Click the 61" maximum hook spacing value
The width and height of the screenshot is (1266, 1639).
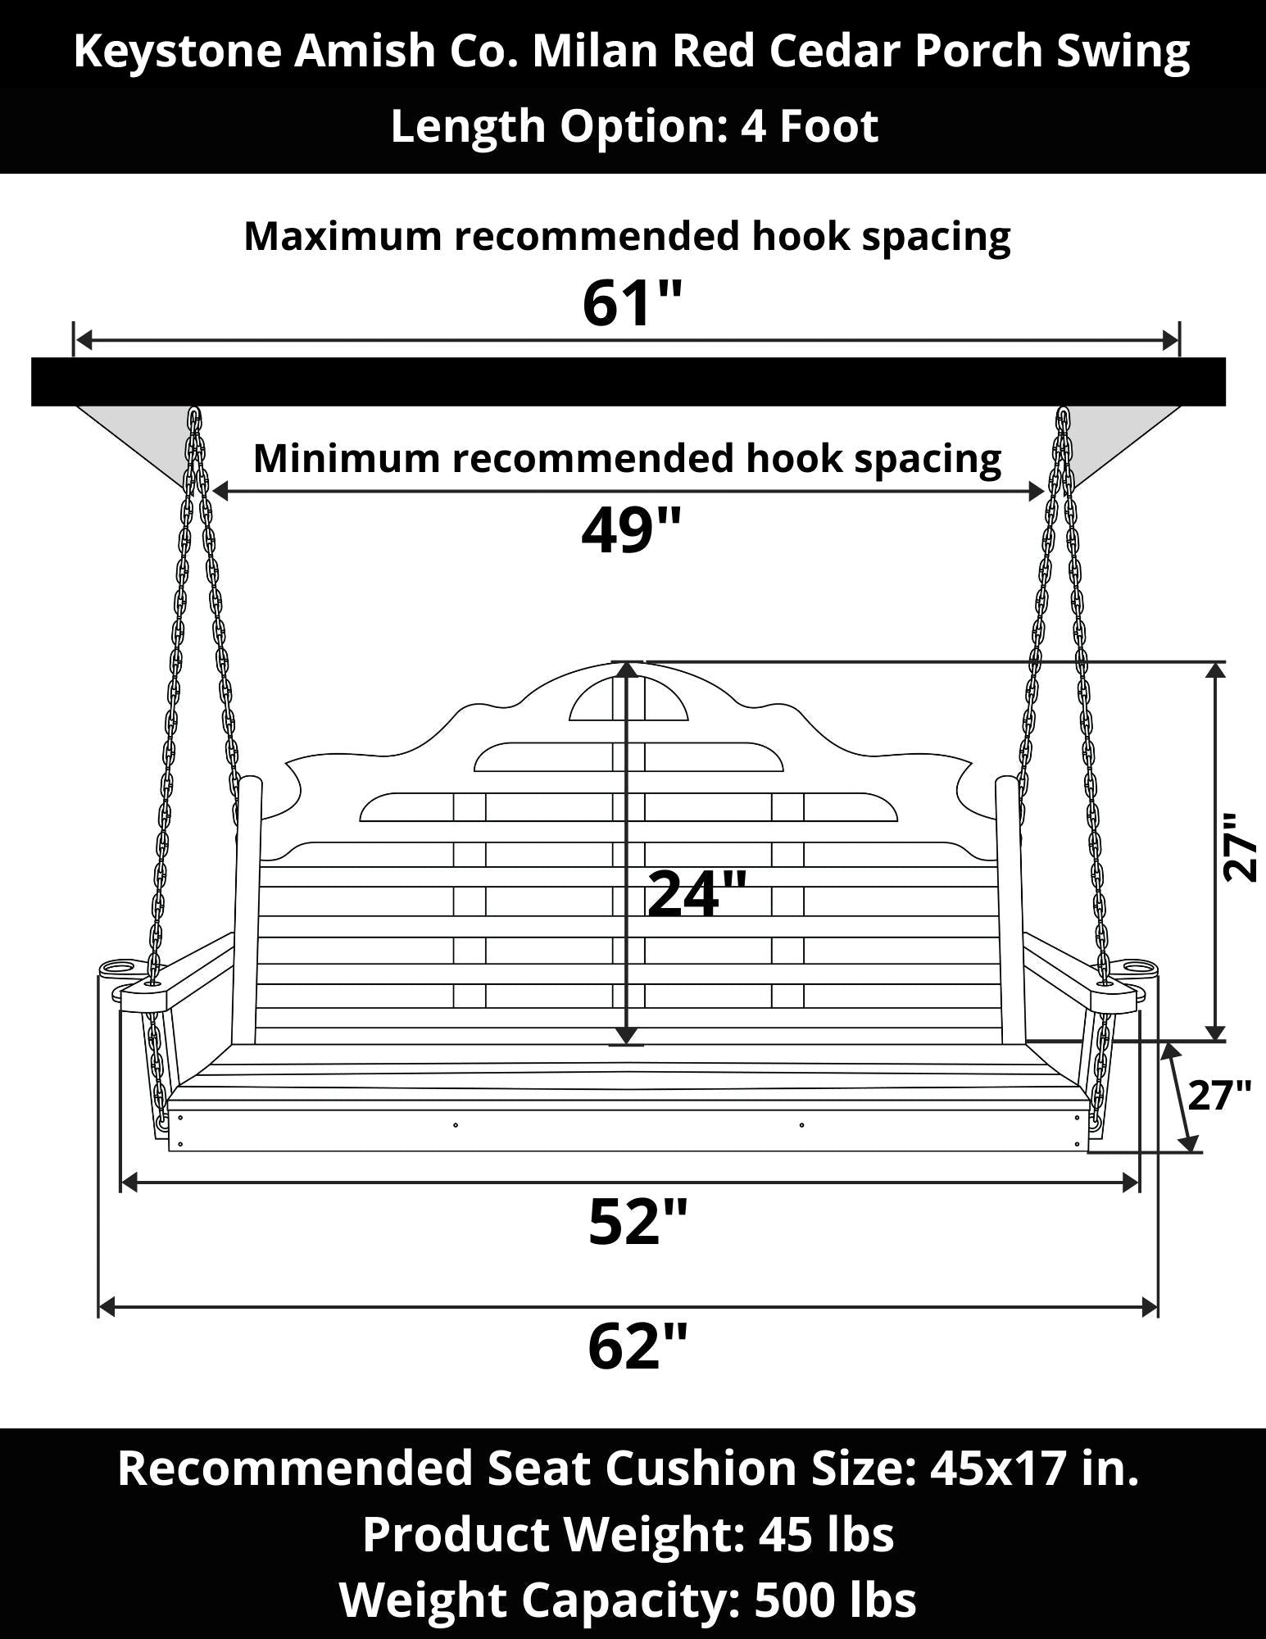pos(632,303)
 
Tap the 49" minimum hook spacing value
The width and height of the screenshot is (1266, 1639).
pos(631,530)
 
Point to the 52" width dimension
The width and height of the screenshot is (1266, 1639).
pos(637,1222)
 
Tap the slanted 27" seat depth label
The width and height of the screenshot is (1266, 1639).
pos(1219,1095)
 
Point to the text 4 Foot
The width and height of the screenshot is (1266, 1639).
pos(810,126)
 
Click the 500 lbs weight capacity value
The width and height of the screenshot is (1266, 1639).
pos(835,1599)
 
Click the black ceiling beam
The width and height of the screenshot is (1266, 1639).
pos(628,381)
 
